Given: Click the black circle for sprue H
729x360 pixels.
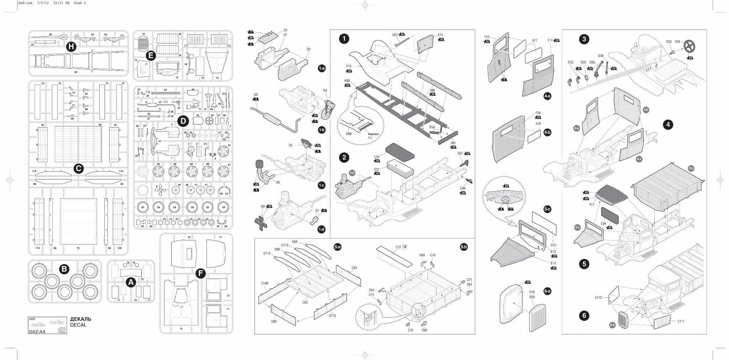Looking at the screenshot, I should point(71,47).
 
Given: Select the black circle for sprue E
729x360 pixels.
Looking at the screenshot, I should point(151,56).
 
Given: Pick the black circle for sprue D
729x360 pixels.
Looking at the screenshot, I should point(183,121).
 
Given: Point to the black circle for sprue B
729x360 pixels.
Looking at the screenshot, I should point(64,269).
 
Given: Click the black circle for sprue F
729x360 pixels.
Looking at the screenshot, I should point(201,273).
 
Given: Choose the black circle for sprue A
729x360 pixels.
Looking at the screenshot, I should point(131,282).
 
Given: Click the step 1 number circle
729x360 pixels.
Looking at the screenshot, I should point(344,39).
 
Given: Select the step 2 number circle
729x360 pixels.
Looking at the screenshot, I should point(344,157).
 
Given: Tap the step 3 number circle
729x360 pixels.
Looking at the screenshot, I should point(584,39).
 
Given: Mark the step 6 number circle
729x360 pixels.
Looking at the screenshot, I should point(584,315).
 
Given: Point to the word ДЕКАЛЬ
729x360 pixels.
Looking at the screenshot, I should point(80,319).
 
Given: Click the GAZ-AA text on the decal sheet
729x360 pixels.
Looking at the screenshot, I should point(37,332).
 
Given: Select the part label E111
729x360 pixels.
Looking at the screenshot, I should point(681,321).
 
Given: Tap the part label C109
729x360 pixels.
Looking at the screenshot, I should point(264,283).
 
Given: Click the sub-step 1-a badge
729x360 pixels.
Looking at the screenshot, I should point(322,68).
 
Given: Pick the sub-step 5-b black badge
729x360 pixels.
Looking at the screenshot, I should point(463,247).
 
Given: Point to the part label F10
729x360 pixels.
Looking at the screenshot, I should point(348,66).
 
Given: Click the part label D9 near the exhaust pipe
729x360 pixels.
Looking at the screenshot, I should point(256,95).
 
